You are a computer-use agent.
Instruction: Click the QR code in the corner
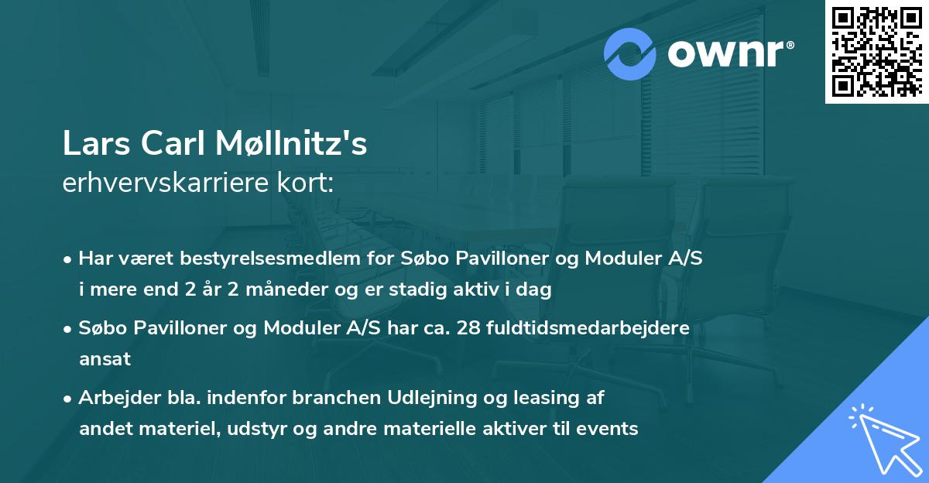[x=876, y=52]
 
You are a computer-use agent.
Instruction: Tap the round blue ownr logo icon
[x=630, y=53]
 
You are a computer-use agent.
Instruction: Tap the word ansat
[x=105, y=358]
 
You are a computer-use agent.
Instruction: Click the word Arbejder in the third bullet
[x=114, y=398]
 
